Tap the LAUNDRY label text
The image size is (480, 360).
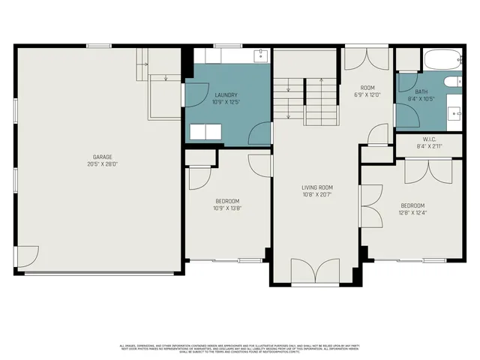click(226, 95)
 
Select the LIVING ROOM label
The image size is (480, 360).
click(317, 187)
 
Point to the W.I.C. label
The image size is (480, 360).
click(430, 139)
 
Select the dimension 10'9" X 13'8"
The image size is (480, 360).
click(226, 208)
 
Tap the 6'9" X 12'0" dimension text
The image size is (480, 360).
click(367, 95)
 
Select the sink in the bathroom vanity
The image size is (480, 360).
click(455, 113)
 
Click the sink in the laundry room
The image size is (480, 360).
click(259, 55)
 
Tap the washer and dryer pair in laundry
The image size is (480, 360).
click(206, 133)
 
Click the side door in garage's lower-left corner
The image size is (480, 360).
click(28, 258)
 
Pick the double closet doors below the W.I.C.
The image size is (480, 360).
click(428, 170)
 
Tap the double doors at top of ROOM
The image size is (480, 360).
click(366, 60)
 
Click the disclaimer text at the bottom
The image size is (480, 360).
click(240, 348)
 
